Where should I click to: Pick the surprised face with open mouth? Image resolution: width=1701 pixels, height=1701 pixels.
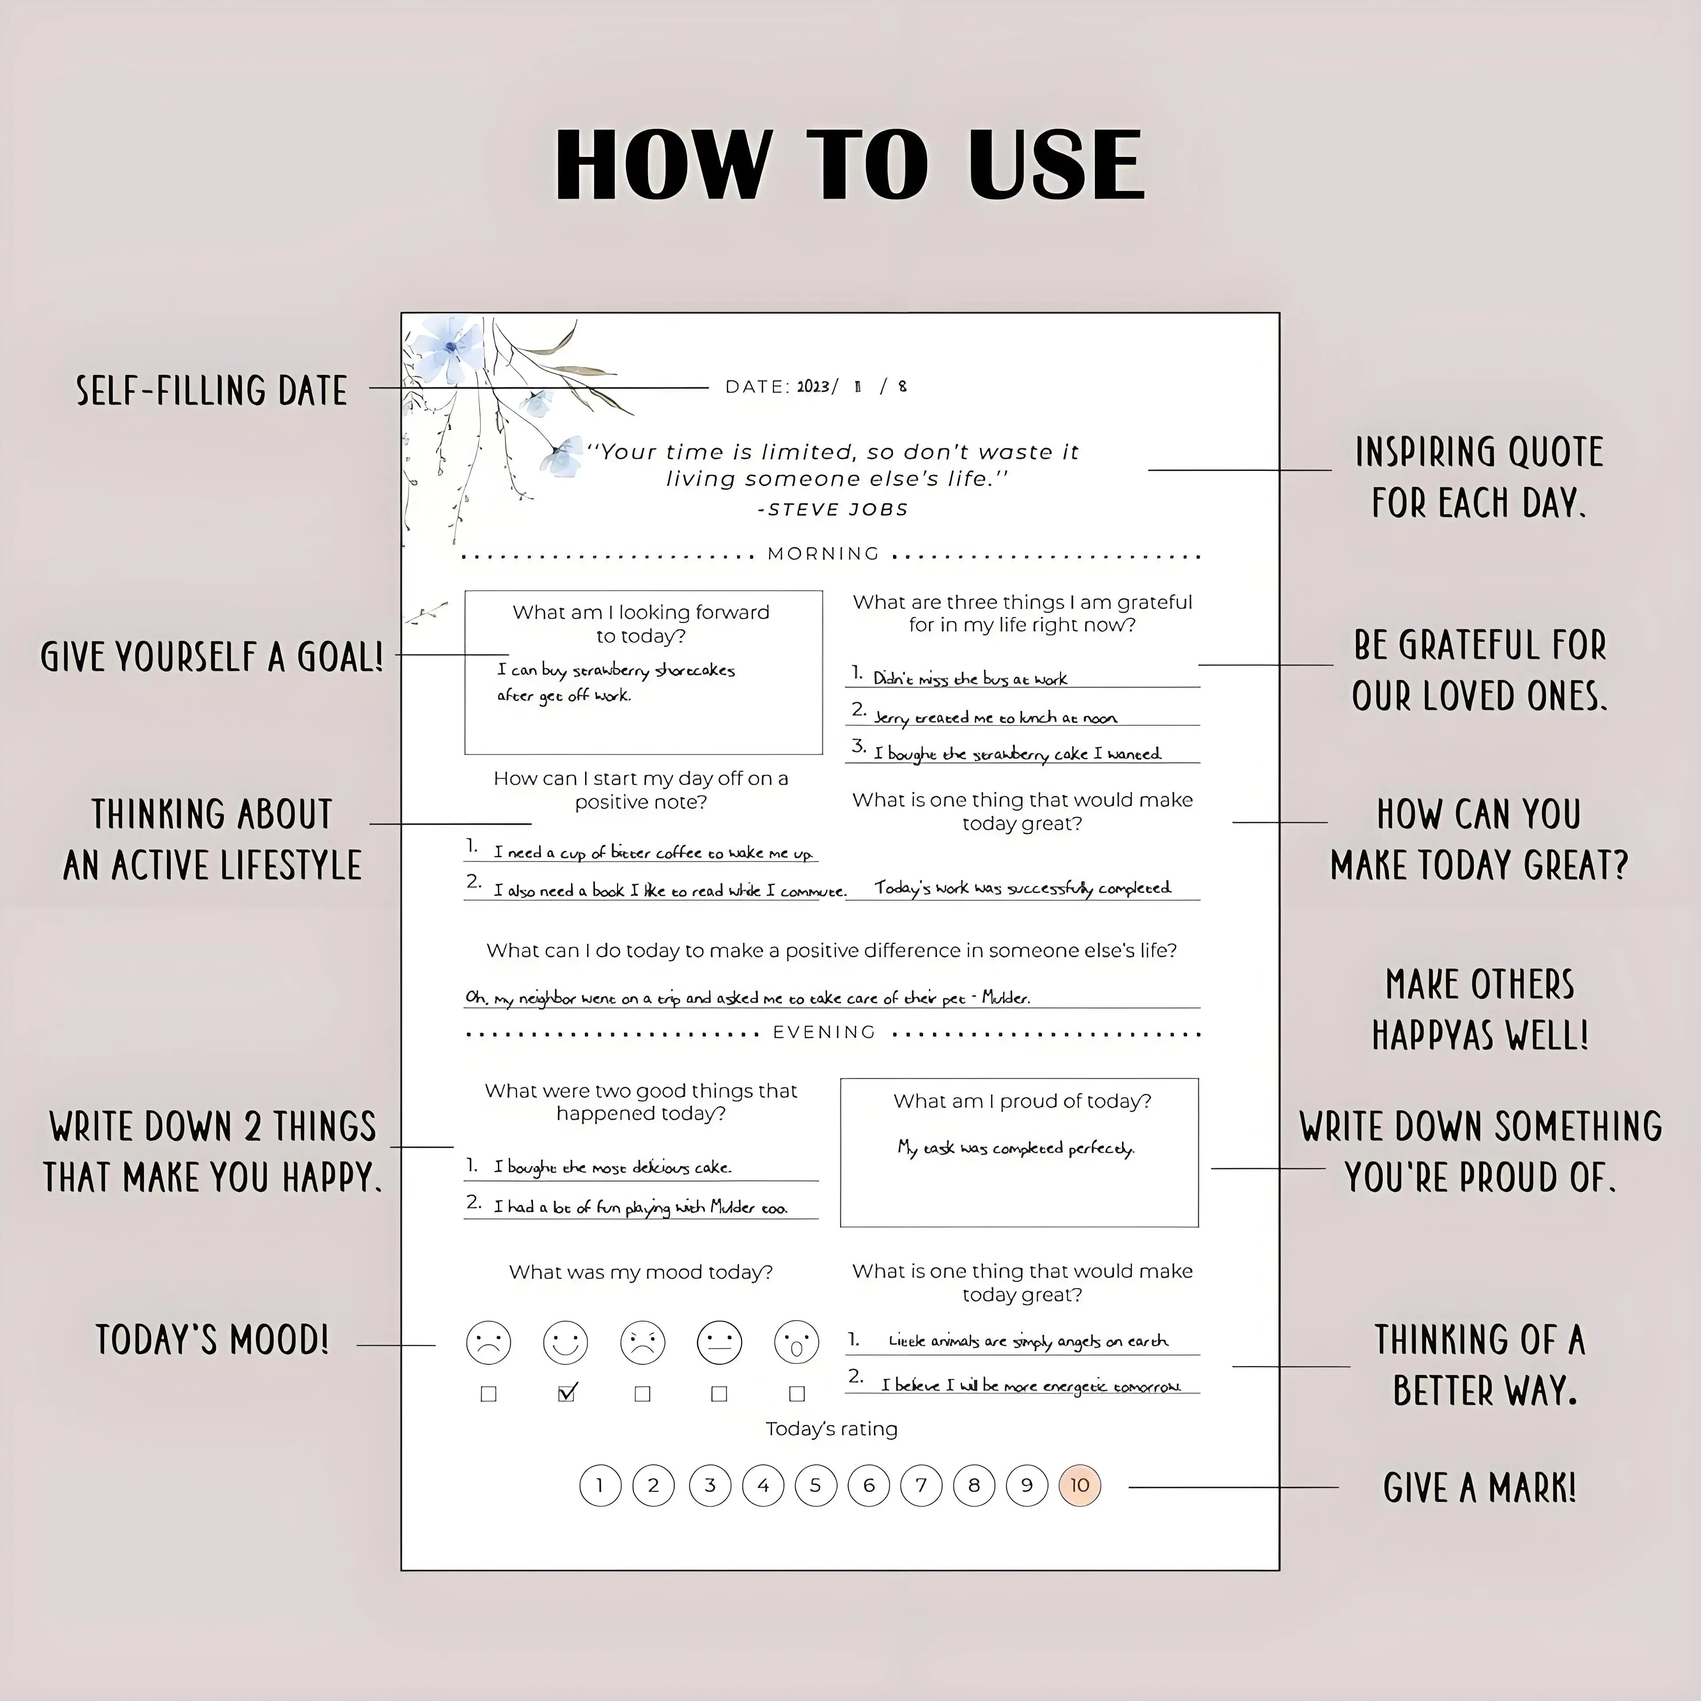[x=796, y=1343]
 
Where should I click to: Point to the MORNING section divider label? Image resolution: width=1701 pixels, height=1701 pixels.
[x=823, y=554]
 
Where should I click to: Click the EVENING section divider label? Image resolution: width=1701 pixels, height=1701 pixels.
[x=824, y=1032]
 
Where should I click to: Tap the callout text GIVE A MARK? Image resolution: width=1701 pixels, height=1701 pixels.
[x=1479, y=1488]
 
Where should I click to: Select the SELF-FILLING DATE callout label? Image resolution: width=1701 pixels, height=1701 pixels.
[x=211, y=390]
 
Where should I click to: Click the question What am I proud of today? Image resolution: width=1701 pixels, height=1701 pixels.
[x=1021, y=1101]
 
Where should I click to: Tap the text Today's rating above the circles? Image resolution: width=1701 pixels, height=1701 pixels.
[x=831, y=1429]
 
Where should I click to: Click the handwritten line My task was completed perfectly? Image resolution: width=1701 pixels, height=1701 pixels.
[x=1016, y=1148]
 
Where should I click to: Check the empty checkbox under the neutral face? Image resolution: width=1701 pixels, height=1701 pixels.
[x=719, y=1394]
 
